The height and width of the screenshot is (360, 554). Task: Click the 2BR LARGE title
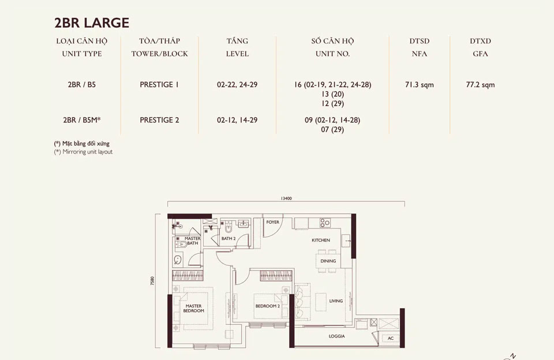(x=92, y=23)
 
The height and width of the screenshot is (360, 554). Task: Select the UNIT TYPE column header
(x=81, y=54)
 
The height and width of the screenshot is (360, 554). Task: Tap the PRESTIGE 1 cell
(x=159, y=85)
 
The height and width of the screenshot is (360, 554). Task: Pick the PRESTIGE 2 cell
(x=159, y=120)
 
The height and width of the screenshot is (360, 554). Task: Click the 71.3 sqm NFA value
(x=420, y=85)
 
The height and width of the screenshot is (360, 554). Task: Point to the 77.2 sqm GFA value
(x=480, y=85)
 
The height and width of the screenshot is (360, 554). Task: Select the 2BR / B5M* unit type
(x=82, y=120)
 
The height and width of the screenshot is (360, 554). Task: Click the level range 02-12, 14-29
(x=237, y=120)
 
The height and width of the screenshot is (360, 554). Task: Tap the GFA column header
(x=480, y=54)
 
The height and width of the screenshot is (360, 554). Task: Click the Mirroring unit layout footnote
(x=84, y=152)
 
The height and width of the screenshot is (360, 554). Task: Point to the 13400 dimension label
(x=286, y=198)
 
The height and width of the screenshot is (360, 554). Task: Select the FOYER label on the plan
(x=272, y=222)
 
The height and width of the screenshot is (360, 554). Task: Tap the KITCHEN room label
(x=321, y=240)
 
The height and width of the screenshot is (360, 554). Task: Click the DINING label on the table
(x=328, y=261)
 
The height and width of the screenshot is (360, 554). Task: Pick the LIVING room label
(x=336, y=301)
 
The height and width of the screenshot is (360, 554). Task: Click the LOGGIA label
(x=337, y=336)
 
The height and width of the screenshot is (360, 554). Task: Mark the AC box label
(x=391, y=339)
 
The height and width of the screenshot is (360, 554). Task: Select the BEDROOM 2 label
(x=267, y=306)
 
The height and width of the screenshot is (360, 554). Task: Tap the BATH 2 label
(x=229, y=238)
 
